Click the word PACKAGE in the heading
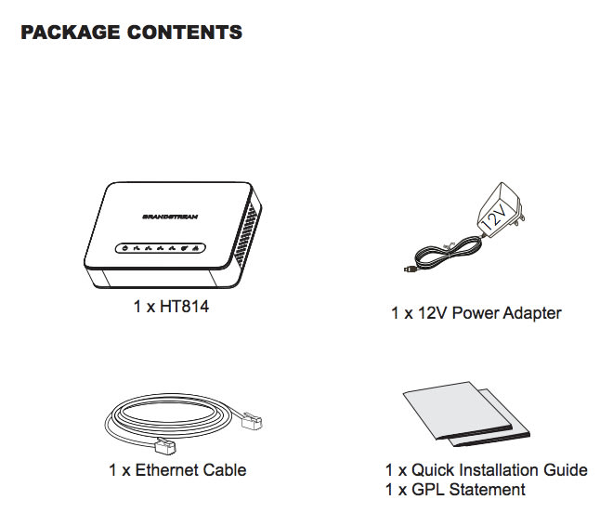click(71, 33)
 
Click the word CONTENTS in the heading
click(185, 33)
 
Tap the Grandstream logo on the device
click(170, 217)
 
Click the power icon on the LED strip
click(124, 248)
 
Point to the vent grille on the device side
click(246, 230)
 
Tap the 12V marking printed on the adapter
click(495, 217)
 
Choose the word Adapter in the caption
click(532, 313)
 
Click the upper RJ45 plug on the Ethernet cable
click(252, 421)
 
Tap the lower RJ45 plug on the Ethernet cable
click(165, 446)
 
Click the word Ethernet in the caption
click(166, 470)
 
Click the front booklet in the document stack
click(457, 410)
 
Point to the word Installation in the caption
click(498, 470)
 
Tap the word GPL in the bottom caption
click(427, 490)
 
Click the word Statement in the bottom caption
click(487, 490)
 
